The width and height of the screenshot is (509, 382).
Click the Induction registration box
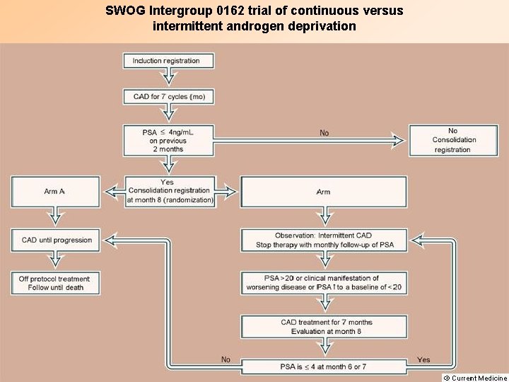pyautogui.click(x=166, y=61)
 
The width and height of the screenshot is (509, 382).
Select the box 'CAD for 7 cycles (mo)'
pyautogui.click(x=169, y=96)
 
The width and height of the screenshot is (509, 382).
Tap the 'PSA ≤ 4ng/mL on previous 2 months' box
pyautogui.click(x=166, y=141)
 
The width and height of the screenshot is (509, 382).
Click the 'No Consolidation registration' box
pyautogui.click(x=452, y=140)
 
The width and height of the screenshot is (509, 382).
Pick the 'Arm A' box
pyautogui.click(x=54, y=192)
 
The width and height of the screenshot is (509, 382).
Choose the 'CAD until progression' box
pyautogui.click(x=57, y=240)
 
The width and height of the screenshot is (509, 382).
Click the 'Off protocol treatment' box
pyautogui.click(x=54, y=283)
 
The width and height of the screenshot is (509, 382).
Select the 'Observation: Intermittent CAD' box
pyautogui.click(x=324, y=240)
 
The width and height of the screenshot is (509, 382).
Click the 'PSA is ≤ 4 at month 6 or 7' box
pyautogui.click(x=325, y=366)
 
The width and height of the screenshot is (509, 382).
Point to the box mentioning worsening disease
pyautogui.click(x=324, y=282)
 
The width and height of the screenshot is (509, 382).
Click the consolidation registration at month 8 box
pyautogui.click(x=169, y=191)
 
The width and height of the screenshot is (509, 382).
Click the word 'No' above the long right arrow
pyautogui.click(x=324, y=133)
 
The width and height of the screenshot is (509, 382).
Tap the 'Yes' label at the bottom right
pyautogui.click(x=423, y=359)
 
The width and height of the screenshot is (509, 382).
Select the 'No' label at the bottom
pyautogui.click(x=226, y=359)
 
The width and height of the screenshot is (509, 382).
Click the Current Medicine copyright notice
pyautogui.click(x=474, y=378)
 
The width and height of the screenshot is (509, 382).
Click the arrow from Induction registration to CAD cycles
pyautogui.click(x=168, y=78)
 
